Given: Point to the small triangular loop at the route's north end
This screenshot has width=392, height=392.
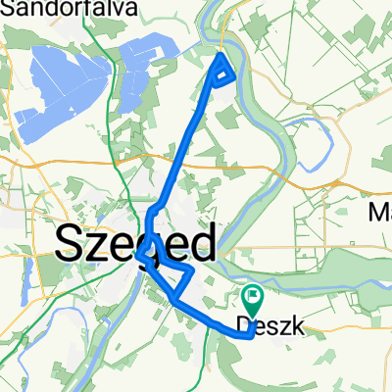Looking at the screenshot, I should (223, 69).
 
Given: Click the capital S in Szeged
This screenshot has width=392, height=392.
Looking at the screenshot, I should (71, 242).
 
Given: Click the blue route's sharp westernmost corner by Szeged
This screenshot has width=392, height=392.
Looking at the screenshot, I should (143, 257).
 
